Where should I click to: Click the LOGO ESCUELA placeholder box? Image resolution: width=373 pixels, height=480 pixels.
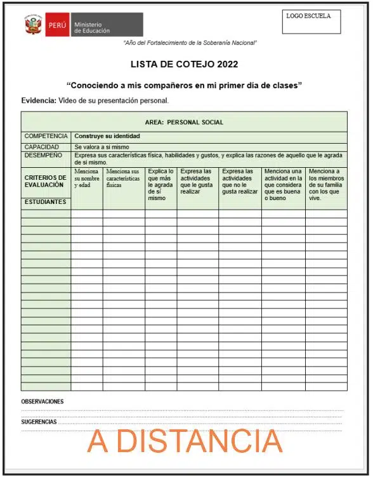click(311, 22)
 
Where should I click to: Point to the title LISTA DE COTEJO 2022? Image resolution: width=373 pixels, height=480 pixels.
click(184, 65)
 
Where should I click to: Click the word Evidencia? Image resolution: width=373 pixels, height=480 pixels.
click(38, 101)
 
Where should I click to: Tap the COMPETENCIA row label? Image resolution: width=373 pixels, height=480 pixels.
click(46, 136)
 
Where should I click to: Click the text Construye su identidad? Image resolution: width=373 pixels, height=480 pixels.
click(107, 136)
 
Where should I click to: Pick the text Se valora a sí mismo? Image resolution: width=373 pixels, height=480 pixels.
click(101, 147)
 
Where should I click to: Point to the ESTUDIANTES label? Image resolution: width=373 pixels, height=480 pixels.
click(45, 202)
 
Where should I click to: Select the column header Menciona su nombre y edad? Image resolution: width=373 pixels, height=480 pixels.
click(86, 178)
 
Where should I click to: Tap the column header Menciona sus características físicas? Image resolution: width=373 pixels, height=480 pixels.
click(123, 178)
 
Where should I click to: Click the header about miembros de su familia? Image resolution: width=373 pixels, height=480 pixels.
click(325, 184)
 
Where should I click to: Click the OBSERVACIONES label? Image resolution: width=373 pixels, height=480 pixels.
click(43, 401)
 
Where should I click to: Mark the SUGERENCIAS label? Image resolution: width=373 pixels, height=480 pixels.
click(39, 422)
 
